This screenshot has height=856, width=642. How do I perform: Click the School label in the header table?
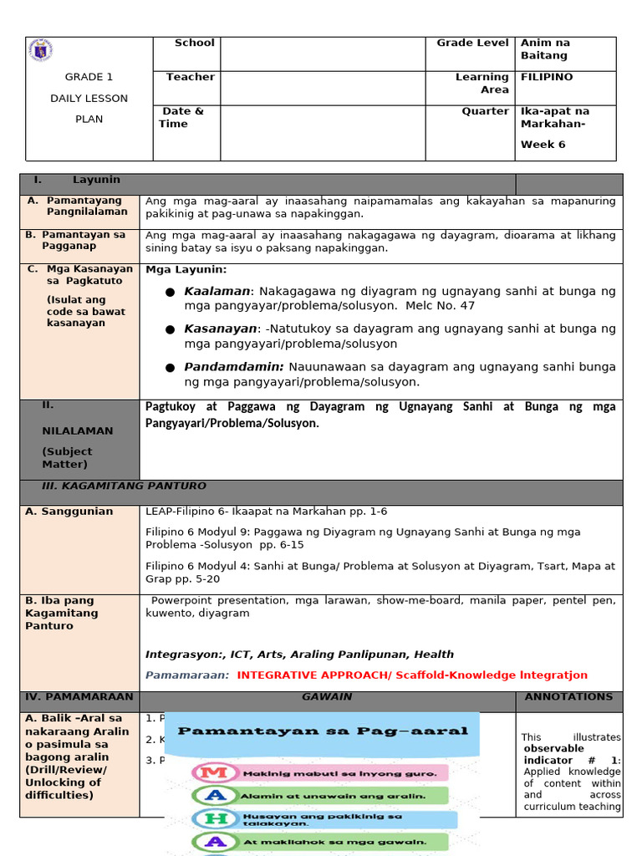click(194, 43)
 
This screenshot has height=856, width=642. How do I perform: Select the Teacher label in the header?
click(190, 77)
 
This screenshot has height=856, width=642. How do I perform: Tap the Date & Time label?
click(181, 117)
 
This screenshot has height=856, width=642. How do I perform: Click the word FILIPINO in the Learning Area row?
click(547, 77)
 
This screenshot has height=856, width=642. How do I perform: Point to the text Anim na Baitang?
click(545, 49)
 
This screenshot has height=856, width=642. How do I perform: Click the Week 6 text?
click(543, 145)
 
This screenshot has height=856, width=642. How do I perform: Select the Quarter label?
click(485, 111)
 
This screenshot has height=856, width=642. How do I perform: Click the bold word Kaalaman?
click(217, 292)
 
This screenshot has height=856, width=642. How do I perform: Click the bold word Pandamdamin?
click(234, 367)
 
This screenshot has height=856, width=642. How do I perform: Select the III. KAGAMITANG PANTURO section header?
click(124, 486)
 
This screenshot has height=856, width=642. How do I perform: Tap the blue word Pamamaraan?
click(187, 675)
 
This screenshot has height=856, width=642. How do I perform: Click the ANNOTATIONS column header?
click(568, 696)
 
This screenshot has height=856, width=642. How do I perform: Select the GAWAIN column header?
click(327, 696)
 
